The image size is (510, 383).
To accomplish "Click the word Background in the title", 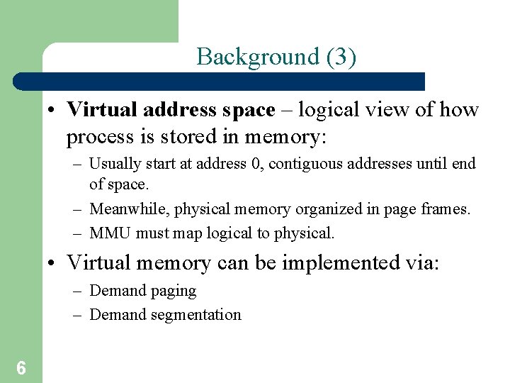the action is tap(249, 57).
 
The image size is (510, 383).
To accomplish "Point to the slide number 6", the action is tap(21, 367).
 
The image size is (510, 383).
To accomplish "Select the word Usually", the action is tap(115, 164).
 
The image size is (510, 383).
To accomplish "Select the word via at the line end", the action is tap(422, 263).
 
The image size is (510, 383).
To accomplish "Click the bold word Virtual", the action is tap(102, 110).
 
